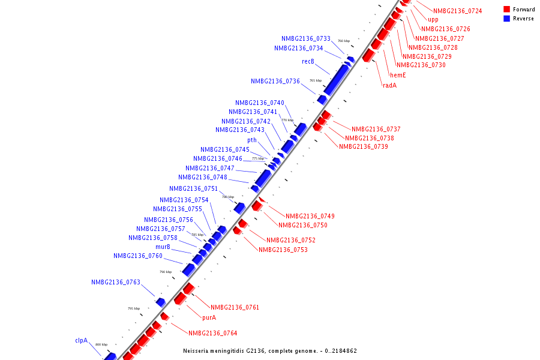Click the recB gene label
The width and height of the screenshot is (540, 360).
click(308, 61)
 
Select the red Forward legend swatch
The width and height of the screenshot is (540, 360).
click(507, 10)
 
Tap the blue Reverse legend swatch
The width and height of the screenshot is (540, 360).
click(507, 19)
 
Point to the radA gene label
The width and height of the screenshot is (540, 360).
click(389, 85)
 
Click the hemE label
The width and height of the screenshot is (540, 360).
click(398, 75)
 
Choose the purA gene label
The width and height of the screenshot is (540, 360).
click(209, 317)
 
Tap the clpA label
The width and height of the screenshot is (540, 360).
click(81, 340)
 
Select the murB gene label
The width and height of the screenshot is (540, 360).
click(163, 247)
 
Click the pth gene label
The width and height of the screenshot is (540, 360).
click(252, 140)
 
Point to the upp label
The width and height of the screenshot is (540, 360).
click(433, 19)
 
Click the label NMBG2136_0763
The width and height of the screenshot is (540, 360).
click(116, 282)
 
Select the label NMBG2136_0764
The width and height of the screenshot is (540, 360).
click(213, 333)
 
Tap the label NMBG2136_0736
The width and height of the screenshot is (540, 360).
click(275, 81)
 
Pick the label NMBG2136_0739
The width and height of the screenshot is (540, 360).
click(364, 146)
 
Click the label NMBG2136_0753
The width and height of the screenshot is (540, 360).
click(283, 250)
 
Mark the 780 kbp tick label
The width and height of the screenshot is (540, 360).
click(228, 197)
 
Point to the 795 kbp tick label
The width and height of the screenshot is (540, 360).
click(133, 308)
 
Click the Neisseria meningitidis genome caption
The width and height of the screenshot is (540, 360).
click(270, 351)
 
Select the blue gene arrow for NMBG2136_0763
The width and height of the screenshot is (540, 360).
click(160, 301)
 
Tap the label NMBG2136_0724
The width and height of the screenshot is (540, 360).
click(458, 11)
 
